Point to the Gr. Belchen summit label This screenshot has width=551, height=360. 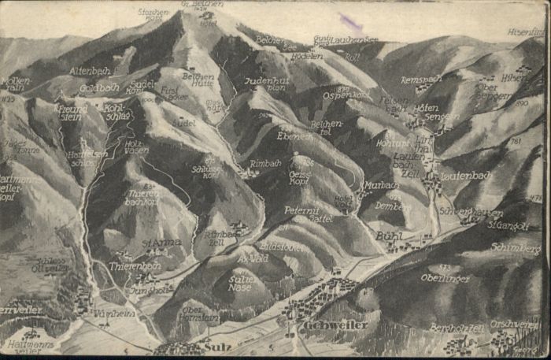[202, 5]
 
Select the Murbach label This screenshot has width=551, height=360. [381, 185]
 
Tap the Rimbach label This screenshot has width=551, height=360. [265, 163]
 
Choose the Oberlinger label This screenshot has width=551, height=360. [446, 278]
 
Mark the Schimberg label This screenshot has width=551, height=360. [515, 247]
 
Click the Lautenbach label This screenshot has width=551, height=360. [465, 176]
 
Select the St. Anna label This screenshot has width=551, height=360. [162, 243]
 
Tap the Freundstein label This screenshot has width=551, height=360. [72, 113]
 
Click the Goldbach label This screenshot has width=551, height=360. [99, 88]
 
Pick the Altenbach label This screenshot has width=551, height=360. [89, 70]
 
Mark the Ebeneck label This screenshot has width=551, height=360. [294, 135]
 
